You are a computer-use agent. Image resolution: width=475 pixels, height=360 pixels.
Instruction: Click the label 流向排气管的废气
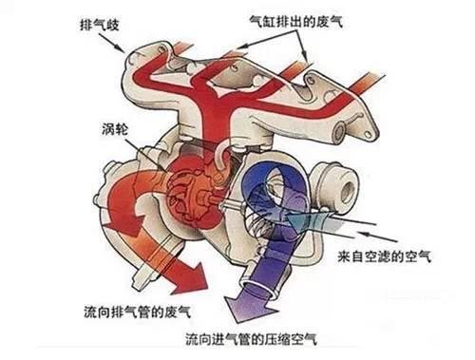131,311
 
